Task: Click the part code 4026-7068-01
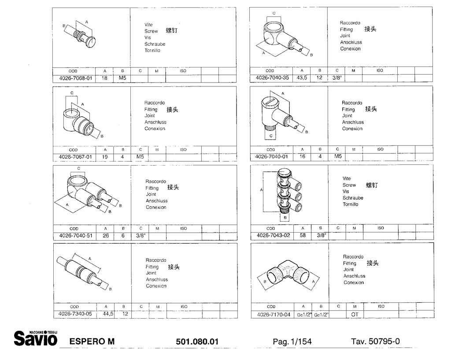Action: click(x=75, y=78)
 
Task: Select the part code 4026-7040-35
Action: click(x=272, y=78)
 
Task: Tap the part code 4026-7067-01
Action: click(x=75, y=157)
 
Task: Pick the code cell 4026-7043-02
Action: click(x=273, y=235)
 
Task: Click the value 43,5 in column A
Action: click(x=302, y=78)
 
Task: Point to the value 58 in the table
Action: click(x=303, y=235)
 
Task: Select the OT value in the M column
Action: click(x=355, y=315)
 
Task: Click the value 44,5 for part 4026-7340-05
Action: click(x=108, y=314)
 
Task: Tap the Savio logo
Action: click(x=36, y=338)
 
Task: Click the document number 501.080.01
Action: click(x=197, y=341)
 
